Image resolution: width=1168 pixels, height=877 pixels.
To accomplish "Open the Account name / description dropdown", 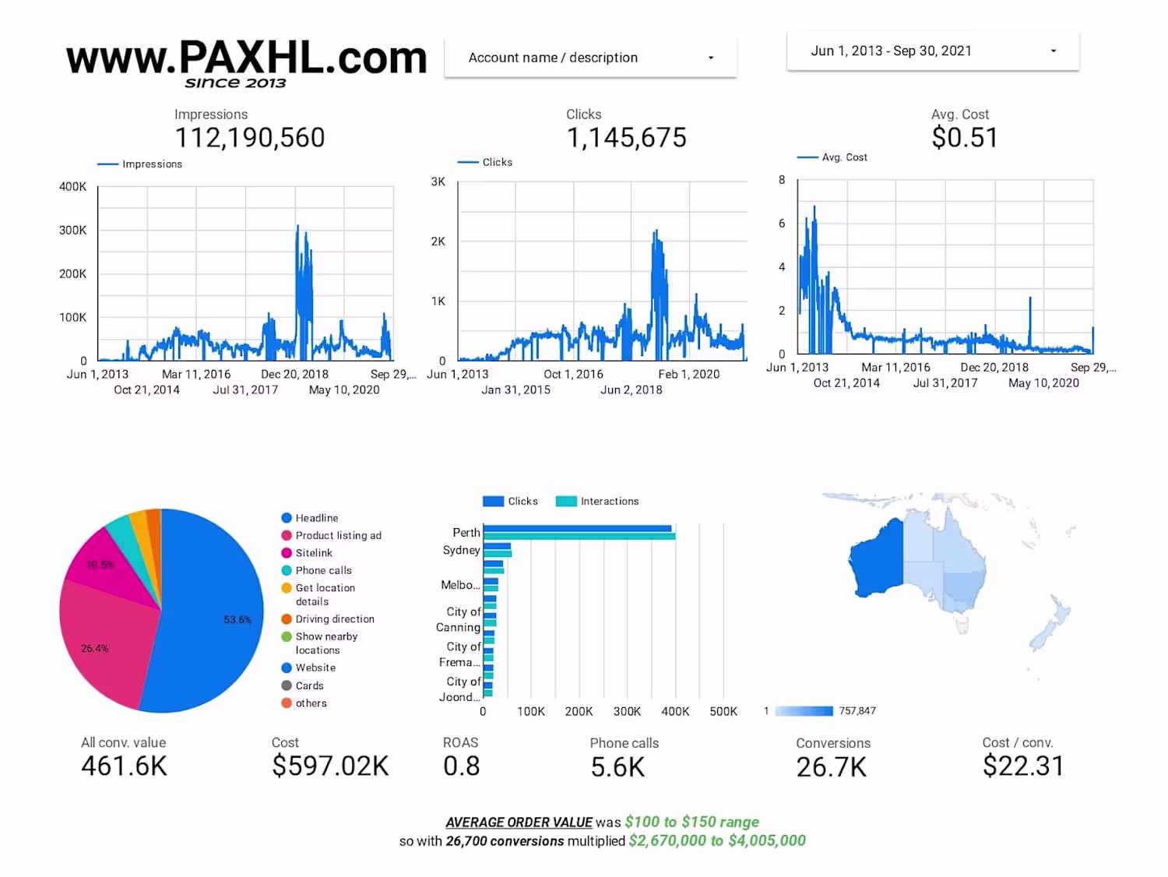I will click(590, 58).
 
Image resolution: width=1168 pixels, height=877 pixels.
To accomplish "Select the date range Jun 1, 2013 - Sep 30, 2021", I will click(933, 51).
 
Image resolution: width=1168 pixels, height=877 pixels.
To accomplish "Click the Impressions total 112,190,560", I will click(250, 138).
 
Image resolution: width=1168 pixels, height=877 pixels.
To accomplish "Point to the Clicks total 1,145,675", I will click(626, 138).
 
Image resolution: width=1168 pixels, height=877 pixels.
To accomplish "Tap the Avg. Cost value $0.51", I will click(964, 138).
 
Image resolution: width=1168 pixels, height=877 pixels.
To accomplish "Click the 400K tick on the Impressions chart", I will click(73, 187).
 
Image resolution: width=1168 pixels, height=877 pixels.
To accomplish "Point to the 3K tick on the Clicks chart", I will click(438, 181).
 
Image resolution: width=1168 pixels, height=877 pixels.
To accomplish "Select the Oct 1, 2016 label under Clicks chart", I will click(573, 374).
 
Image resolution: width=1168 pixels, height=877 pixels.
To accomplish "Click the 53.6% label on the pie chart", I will click(237, 620).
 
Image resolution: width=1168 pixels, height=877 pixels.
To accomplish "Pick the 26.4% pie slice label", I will click(95, 648).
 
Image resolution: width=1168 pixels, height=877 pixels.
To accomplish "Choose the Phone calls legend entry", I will click(323, 570).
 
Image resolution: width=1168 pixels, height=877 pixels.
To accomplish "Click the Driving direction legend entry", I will click(335, 619).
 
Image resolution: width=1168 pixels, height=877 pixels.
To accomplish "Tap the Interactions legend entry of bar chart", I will click(609, 502).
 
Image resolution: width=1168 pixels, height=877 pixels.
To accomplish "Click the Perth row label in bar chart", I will click(466, 533).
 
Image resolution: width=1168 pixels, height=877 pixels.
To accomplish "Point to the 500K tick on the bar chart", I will click(723, 711).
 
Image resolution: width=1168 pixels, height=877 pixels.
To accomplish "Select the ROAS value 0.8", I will click(461, 766).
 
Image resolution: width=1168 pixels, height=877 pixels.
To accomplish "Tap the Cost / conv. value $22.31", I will click(1022, 766).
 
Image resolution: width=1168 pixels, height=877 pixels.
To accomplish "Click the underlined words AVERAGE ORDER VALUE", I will click(519, 822).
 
